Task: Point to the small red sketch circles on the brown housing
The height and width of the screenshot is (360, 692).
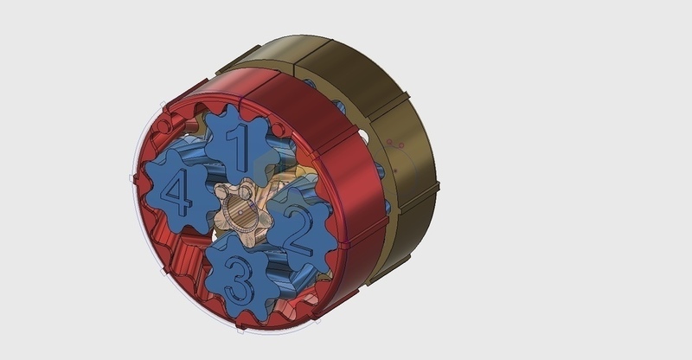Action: click(394, 143)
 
